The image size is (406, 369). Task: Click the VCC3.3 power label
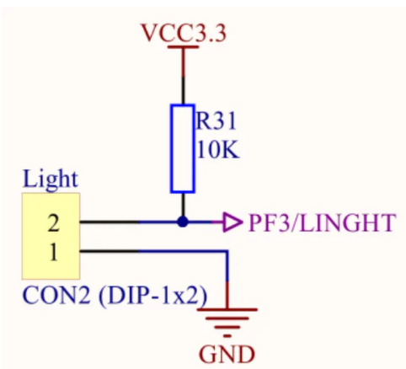(184, 33)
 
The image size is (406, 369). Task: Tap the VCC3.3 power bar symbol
(184, 47)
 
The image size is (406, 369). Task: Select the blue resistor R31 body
(183, 148)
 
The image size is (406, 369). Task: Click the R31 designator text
(216, 121)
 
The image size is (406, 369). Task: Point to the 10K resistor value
(218, 150)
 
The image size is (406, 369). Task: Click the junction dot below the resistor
(183, 222)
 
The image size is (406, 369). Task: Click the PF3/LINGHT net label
(322, 222)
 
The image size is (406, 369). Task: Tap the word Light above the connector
(51, 179)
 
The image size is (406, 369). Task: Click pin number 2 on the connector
(53, 222)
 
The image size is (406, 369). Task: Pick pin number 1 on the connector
(53, 252)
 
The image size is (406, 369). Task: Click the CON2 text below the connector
(56, 295)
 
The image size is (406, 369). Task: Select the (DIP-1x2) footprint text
(153, 296)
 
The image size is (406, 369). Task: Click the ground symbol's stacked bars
(227, 323)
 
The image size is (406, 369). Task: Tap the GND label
(227, 354)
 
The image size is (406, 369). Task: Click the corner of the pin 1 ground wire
(227, 251)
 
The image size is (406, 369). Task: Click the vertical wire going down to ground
(227, 280)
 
